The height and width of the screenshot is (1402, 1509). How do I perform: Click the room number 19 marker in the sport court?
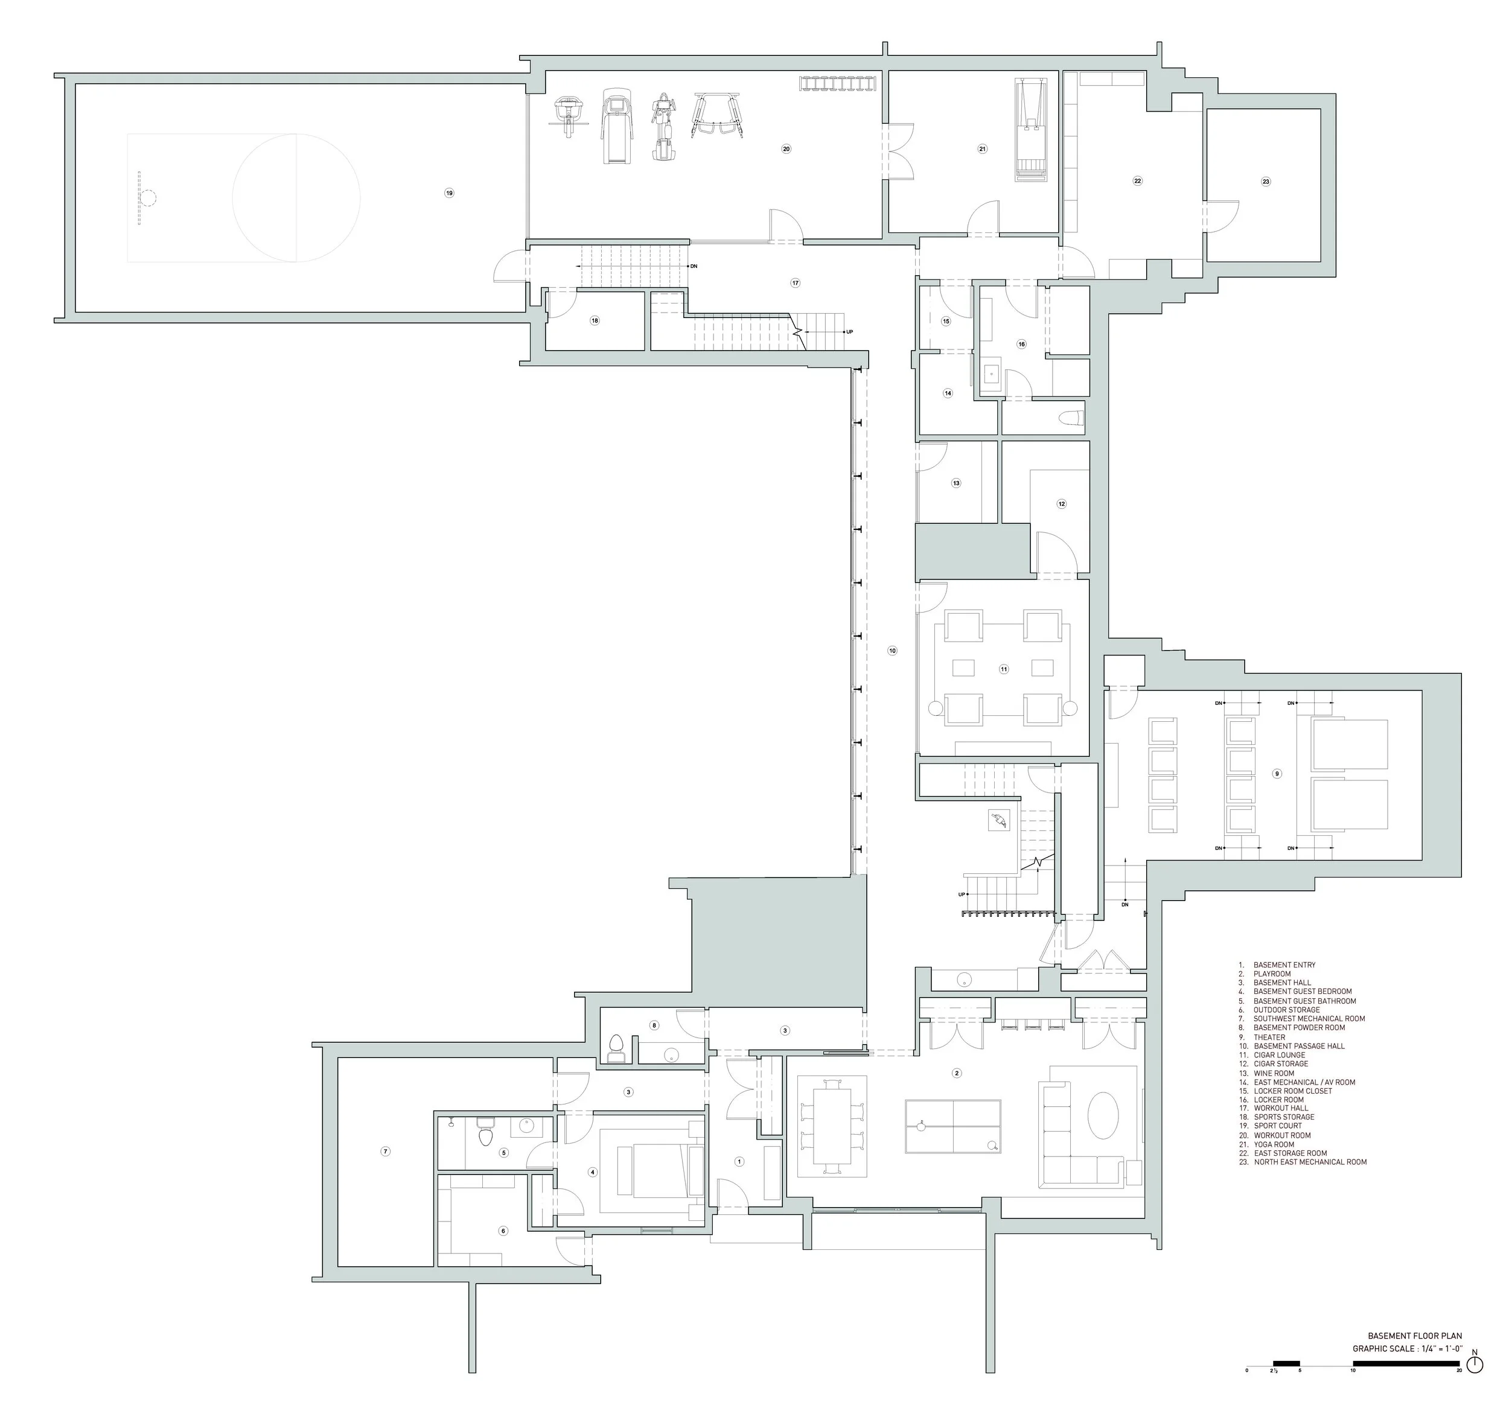pyautogui.click(x=449, y=194)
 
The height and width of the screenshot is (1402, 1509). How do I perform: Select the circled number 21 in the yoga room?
pyautogui.click(x=983, y=150)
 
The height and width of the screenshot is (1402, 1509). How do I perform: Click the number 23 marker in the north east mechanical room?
pyautogui.click(x=1266, y=182)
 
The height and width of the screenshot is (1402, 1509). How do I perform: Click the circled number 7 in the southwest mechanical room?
pyautogui.click(x=386, y=1152)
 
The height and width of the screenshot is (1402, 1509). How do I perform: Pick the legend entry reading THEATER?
pyautogui.click(x=1269, y=1037)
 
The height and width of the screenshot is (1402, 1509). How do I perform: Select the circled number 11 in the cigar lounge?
pyautogui.click(x=1004, y=669)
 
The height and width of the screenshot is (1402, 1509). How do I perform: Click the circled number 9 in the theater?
pyautogui.click(x=1277, y=774)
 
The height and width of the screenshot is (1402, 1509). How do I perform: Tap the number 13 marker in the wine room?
pyautogui.click(x=956, y=483)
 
